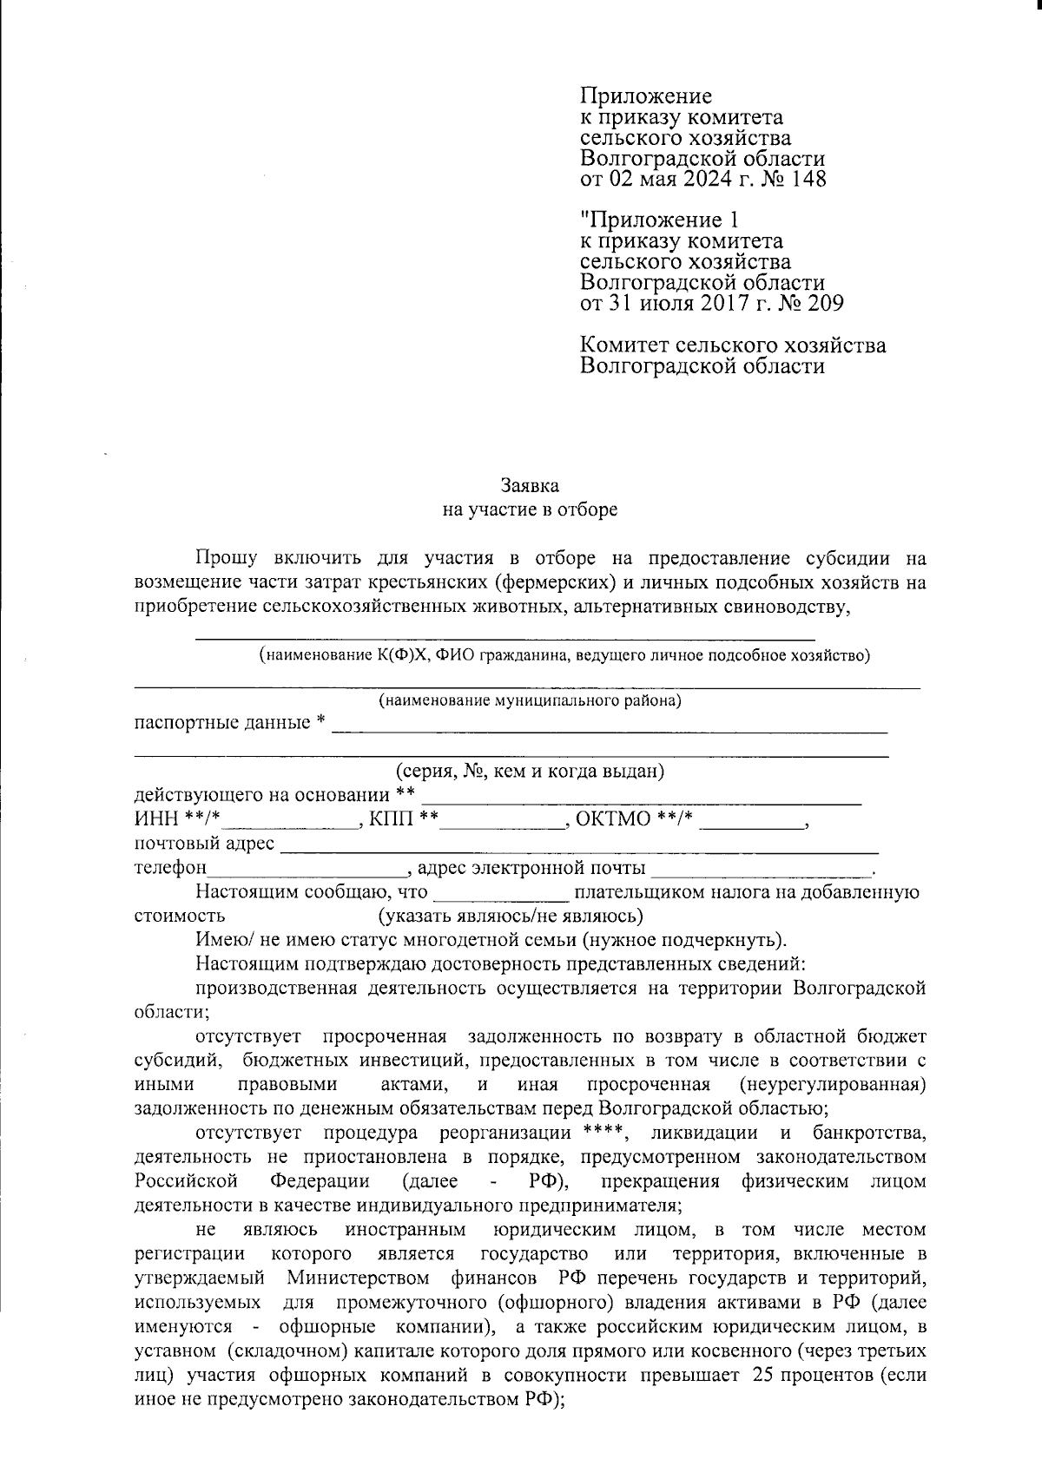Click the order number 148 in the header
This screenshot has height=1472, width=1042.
[808, 180]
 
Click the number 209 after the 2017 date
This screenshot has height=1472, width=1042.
[824, 304]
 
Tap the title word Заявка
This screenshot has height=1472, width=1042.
[530, 486]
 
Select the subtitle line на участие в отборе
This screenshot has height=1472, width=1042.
[530, 509]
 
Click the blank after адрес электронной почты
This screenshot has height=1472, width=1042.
[761, 869]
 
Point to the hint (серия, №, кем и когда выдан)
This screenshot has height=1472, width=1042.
[530, 771]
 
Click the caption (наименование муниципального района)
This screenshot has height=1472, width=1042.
[530, 700]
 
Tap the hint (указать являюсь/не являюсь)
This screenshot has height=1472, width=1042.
[510, 916]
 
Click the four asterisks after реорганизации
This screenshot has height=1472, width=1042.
[600, 1133]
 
